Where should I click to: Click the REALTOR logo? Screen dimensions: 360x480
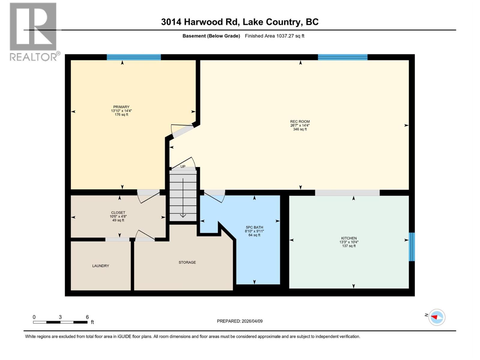33,31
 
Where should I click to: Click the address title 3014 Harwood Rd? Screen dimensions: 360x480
240,22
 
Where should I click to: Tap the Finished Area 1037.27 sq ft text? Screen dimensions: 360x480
274,36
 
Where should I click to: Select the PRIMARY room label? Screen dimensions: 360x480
121,107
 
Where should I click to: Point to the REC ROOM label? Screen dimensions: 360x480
300,121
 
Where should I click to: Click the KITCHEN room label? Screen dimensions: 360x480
349,238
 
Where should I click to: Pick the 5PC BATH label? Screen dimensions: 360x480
254,227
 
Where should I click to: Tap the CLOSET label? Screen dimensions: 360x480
118,212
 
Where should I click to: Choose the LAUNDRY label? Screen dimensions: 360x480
100,266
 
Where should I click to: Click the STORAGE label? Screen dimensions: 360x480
187,262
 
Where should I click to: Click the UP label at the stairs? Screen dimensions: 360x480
183,166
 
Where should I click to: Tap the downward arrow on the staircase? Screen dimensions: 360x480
183,198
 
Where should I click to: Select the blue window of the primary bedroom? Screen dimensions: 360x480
134,57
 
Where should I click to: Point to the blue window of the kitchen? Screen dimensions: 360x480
412,247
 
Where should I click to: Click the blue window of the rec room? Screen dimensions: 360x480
343,57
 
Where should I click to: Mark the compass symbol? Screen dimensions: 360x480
437,317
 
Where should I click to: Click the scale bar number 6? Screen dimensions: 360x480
87,317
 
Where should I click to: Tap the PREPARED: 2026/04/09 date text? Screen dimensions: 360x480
240,321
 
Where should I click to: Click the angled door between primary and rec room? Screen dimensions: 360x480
183,131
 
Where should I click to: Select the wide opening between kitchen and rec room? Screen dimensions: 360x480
347,193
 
